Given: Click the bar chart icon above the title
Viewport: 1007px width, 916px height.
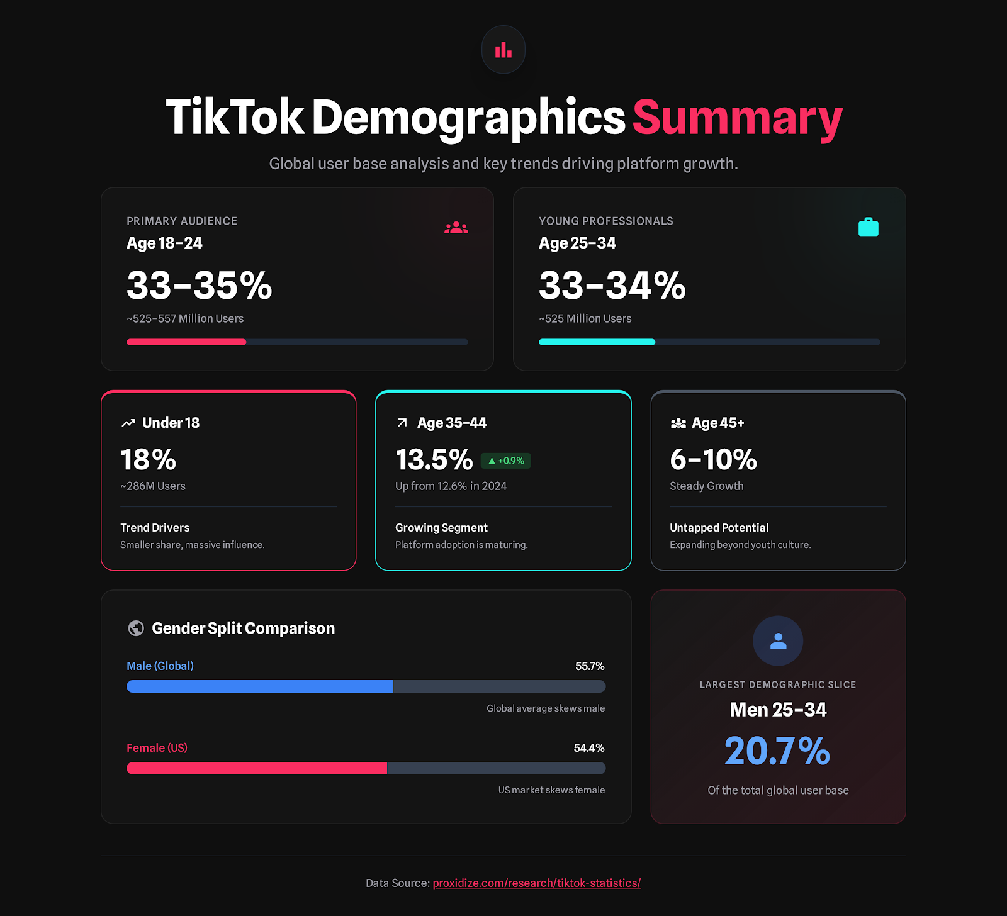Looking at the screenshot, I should click(x=503, y=50).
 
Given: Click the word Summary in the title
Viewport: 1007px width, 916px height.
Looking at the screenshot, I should click(x=737, y=118).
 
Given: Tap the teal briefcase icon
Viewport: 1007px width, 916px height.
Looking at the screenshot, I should click(x=868, y=227).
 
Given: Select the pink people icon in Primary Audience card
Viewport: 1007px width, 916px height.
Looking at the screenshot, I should click(x=456, y=228).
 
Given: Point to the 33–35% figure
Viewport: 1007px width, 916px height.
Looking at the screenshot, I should click(x=199, y=285).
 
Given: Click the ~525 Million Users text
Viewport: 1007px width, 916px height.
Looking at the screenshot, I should click(x=585, y=319).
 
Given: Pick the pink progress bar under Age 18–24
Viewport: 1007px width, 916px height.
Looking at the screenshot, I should click(x=186, y=342).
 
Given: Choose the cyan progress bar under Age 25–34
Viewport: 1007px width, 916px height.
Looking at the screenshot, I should click(x=597, y=342).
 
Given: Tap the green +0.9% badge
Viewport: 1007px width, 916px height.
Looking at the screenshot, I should click(x=506, y=461).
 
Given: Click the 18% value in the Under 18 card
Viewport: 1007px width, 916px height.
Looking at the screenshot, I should click(x=148, y=459).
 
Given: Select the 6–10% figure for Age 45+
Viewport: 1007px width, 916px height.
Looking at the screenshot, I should click(x=713, y=459).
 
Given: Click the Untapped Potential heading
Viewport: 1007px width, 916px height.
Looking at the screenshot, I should click(x=719, y=528).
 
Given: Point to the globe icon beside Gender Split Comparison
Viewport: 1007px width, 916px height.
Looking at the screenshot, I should click(x=136, y=628).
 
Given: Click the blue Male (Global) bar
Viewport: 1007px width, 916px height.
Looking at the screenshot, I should click(x=260, y=686).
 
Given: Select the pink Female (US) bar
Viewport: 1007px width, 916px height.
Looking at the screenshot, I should click(x=257, y=768).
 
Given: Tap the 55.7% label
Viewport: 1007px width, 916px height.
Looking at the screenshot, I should click(x=590, y=666).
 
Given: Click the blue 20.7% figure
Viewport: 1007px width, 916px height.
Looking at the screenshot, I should click(x=777, y=751).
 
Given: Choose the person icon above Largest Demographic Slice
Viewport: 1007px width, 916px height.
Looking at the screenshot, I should click(x=778, y=641).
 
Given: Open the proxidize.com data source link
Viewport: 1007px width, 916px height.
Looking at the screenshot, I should click(x=537, y=883).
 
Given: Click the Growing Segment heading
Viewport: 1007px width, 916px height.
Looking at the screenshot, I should click(x=441, y=528).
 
